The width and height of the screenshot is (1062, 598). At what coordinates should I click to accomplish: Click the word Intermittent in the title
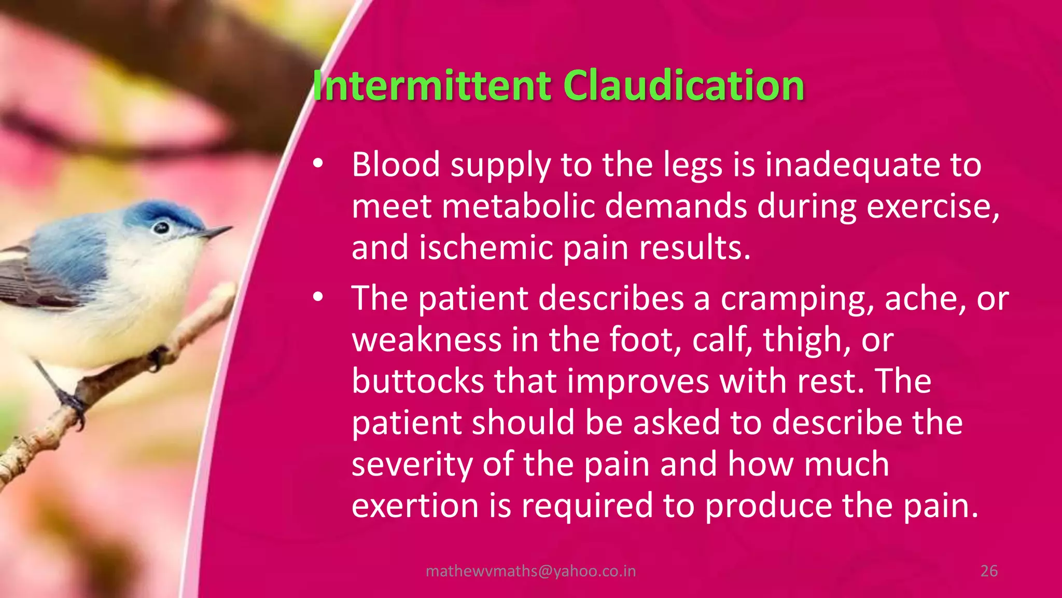[431, 86]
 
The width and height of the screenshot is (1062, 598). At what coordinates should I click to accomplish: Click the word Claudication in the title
[683, 86]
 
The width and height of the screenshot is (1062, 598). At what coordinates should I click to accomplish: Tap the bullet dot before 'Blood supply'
[318, 164]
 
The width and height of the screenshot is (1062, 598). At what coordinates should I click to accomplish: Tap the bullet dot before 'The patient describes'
[318, 297]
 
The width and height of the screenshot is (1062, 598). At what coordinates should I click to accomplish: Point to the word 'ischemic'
[486, 248]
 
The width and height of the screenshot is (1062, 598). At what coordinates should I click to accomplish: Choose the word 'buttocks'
[417, 381]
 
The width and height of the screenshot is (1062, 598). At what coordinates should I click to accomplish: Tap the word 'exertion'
[415, 506]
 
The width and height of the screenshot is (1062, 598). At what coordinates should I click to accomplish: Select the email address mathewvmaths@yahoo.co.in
[530, 571]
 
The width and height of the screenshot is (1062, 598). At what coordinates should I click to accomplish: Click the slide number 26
[989, 571]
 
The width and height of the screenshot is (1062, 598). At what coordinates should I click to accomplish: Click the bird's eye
[161, 227]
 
